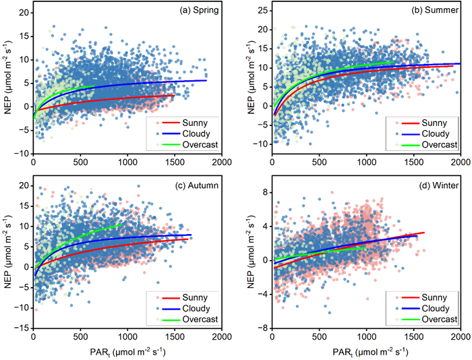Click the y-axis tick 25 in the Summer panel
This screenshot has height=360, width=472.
coord(260,11)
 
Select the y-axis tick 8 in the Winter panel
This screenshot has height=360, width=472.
coord(264,191)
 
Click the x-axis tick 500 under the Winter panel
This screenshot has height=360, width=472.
coord(319,337)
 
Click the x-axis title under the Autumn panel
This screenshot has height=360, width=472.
coord(127,350)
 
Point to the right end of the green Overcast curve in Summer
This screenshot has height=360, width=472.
coord(393,62)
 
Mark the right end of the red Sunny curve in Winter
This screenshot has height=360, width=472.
coord(424,233)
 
